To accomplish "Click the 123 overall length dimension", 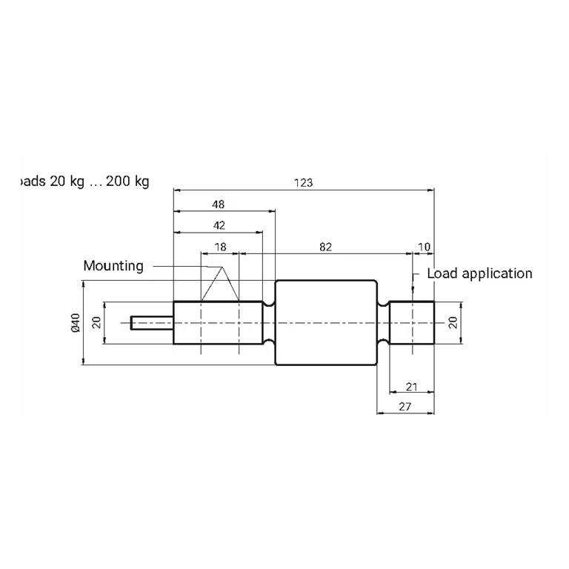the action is (303, 182).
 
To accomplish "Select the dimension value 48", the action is (218, 204).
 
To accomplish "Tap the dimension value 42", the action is (219, 225).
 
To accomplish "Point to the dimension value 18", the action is (220, 247).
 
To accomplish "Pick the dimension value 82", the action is (325, 247).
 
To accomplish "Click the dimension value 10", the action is (424, 247).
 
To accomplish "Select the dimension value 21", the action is (411, 387).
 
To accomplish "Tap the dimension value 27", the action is (405, 407).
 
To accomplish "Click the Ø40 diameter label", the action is (76, 322).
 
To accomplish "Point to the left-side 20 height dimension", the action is (96, 322).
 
